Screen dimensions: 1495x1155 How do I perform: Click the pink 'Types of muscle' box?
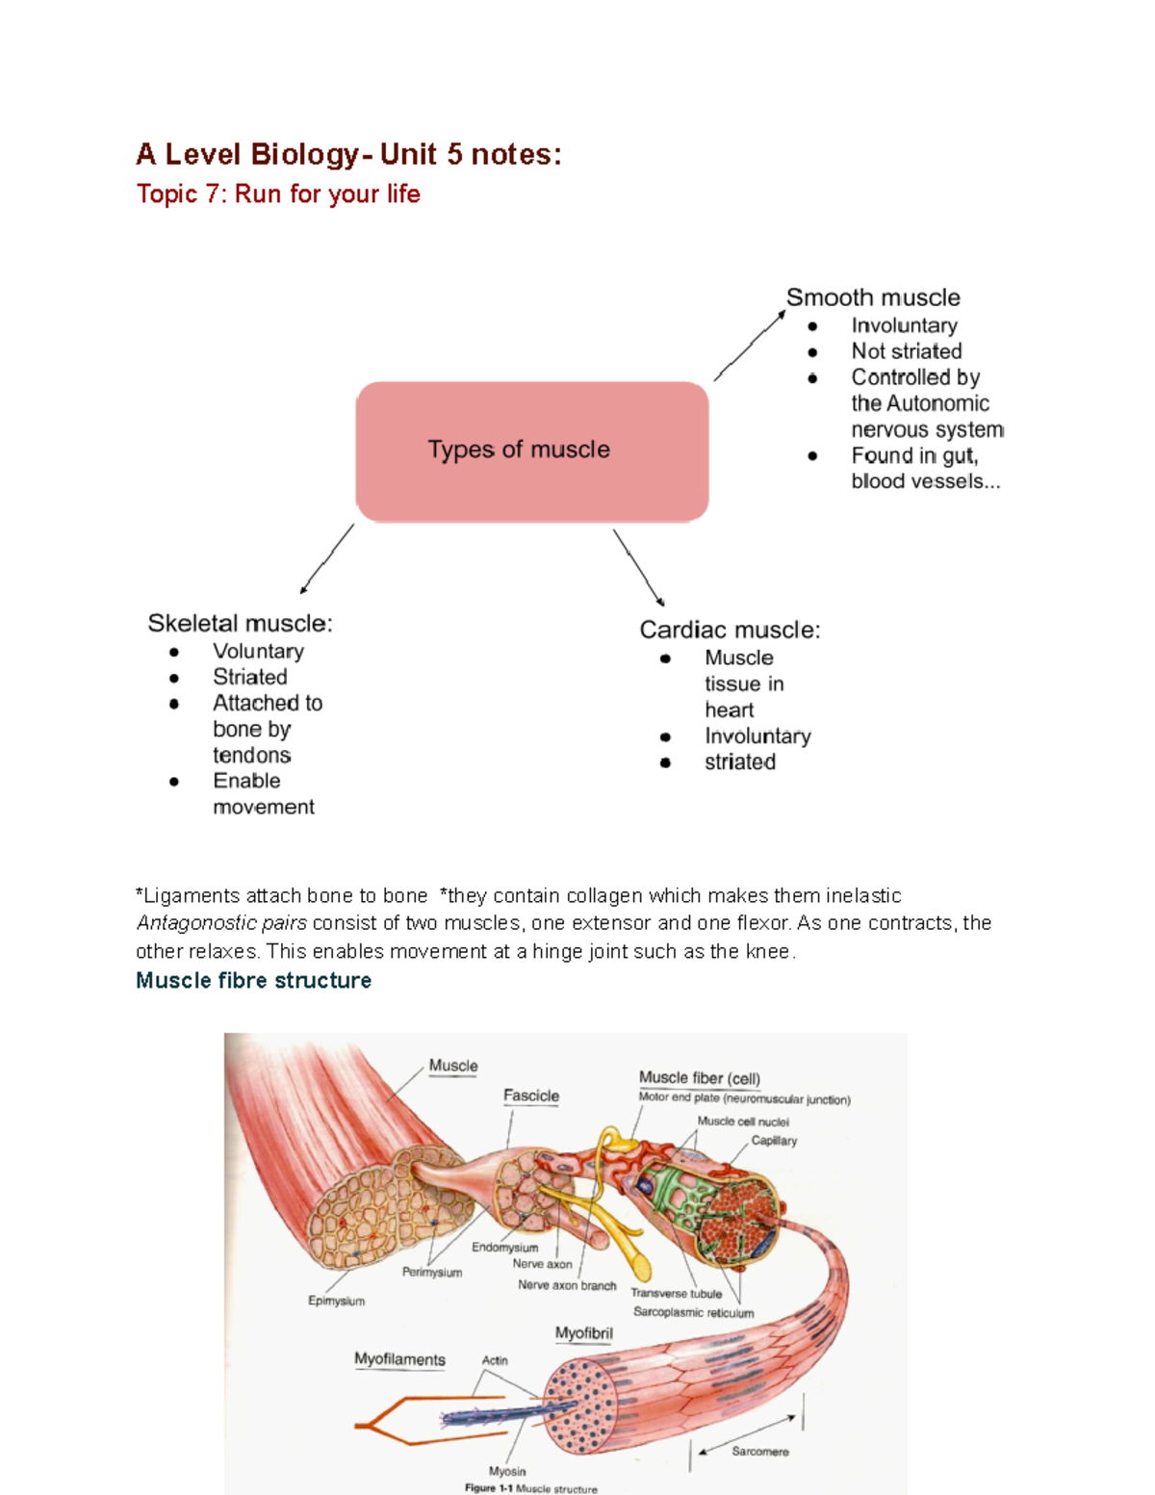[532, 451]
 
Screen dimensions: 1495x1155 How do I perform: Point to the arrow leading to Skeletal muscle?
[327, 558]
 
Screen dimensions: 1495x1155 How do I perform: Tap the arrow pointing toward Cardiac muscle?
[638, 567]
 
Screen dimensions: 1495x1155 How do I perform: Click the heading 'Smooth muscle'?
[873, 297]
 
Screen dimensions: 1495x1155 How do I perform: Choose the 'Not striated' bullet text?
[906, 351]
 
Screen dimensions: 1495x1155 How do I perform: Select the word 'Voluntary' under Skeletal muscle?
[258, 652]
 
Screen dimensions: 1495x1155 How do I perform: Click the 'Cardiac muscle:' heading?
[730, 630]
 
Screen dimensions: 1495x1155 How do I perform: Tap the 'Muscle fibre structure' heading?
[253, 980]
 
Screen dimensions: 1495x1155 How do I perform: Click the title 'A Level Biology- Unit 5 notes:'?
[348, 154]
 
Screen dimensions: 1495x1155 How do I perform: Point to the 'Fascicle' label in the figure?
[530, 1095]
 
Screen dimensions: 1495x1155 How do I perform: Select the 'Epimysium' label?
[336, 1301]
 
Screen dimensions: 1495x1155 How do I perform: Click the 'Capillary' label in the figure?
[774, 1141]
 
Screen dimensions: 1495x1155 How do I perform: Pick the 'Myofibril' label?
[583, 1333]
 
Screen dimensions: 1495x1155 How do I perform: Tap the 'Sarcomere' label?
[759, 1451]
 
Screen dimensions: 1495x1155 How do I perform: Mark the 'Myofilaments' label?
[399, 1359]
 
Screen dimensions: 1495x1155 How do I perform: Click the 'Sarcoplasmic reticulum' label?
[693, 1312]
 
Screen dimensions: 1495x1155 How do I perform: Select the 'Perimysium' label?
[431, 1272]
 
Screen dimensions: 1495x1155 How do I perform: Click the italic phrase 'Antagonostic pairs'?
[221, 923]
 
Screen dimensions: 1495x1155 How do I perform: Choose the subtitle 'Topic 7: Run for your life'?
[278, 194]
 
